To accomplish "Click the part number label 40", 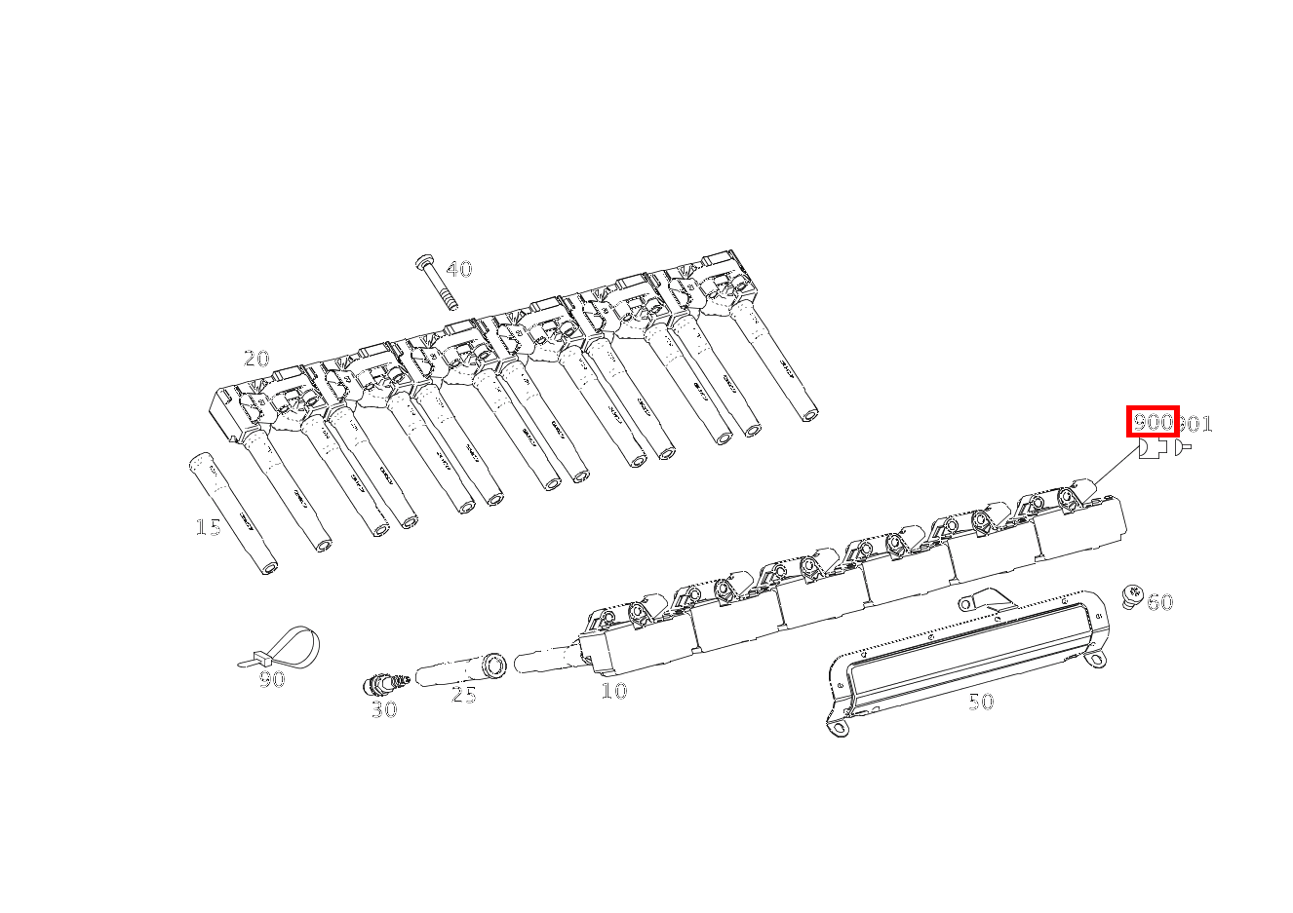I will [459, 270].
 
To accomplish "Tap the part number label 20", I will [256, 359].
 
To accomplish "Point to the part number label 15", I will [208, 527].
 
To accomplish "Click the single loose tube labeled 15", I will [232, 513].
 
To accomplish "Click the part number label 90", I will [272, 680].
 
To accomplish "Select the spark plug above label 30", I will [386, 682].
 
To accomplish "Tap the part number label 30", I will [384, 710].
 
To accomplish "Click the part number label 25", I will [464, 696].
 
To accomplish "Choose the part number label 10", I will [614, 691].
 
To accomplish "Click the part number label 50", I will [981, 702].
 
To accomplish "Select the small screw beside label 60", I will [1131, 595].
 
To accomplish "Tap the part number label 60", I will [1159, 602].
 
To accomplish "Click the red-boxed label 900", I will [1153, 422].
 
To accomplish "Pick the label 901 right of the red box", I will [1196, 424].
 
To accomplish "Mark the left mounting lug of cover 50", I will [837, 726].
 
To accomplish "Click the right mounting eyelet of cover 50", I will [1099, 661].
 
